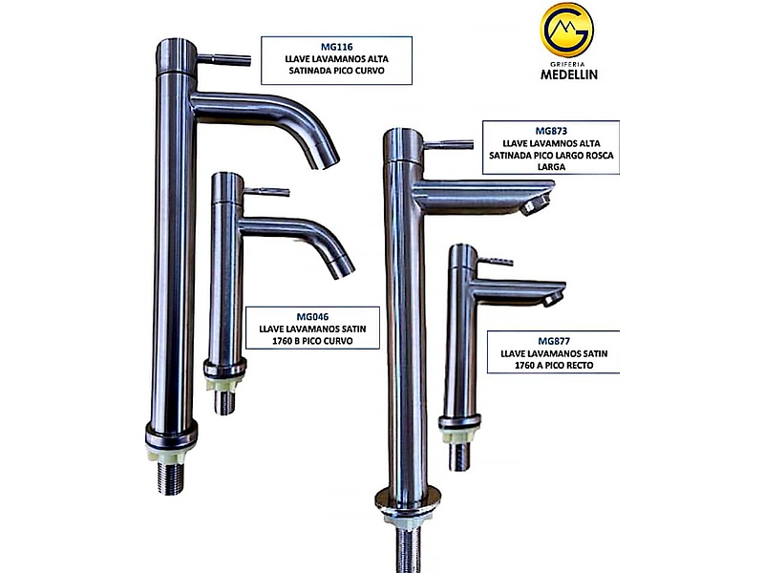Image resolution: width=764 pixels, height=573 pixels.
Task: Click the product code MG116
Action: [x=337, y=47]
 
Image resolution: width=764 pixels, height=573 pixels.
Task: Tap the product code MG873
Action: [x=551, y=131]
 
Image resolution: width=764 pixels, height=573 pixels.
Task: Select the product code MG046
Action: [x=312, y=317]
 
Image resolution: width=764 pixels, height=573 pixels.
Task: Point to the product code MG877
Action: [x=554, y=341]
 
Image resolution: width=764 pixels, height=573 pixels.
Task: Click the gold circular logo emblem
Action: [x=566, y=30]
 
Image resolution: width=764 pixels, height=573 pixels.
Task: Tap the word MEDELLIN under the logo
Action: [x=568, y=74]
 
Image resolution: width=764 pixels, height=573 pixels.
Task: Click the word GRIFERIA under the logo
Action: [x=567, y=64]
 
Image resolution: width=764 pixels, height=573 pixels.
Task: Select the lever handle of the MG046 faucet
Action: [x=266, y=192]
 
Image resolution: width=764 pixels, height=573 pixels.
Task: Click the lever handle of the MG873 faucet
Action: [x=448, y=145]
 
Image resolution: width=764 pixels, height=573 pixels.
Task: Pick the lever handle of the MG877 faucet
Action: [x=495, y=261]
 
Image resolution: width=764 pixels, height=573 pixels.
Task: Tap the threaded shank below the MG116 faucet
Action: [x=171, y=478]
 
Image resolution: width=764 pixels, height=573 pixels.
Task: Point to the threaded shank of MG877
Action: [x=459, y=456]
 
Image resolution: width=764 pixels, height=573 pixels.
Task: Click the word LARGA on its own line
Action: [x=552, y=166]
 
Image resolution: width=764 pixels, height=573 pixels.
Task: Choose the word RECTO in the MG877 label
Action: [x=578, y=366]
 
